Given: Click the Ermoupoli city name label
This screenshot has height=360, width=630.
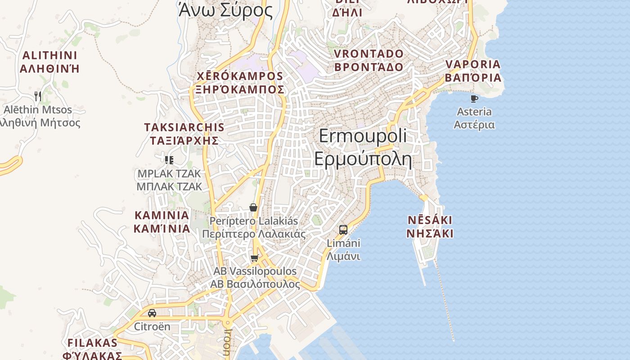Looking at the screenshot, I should [x=363, y=136].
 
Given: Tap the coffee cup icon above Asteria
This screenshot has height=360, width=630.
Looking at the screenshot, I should [x=474, y=98].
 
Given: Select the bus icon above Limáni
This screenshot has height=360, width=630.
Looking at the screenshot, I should [x=343, y=230].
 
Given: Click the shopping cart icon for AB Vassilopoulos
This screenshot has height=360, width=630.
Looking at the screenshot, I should [x=255, y=258].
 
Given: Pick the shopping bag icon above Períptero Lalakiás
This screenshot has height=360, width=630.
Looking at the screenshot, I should [x=253, y=207].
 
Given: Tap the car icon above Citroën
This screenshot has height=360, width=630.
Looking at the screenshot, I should [x=152, y=313].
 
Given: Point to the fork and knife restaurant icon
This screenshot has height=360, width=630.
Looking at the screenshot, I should [x=38, y=96].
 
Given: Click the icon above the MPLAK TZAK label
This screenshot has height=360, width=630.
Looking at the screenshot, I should [x=169, y=160].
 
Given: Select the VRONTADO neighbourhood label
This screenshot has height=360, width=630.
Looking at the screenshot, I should [x=369, y=54].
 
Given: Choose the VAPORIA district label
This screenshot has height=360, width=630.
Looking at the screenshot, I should [x=473, y=64].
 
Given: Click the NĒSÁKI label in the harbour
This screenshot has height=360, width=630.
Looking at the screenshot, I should [x=430, y=220].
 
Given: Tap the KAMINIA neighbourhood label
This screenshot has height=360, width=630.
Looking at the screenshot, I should [x=162, y=215].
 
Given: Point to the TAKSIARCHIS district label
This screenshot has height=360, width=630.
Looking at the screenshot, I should [x=184, y=127].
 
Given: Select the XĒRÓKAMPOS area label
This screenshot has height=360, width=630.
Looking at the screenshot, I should [x=240, y=76].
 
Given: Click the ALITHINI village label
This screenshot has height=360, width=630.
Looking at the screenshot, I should [x=49, y=56].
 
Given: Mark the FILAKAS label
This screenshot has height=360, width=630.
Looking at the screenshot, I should [x=92, y=343].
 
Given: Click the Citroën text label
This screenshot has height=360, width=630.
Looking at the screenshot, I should [x=152, y=326].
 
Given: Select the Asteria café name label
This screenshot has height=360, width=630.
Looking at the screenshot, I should [x=474, y=112].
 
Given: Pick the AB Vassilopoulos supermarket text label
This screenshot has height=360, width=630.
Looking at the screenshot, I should [x=255, y=271].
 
